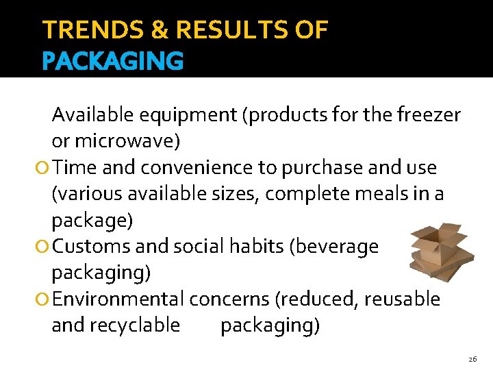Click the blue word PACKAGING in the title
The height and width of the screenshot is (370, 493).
(x=113, y=61)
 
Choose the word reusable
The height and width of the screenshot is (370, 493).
(x=402, y=299)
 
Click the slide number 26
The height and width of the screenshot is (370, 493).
(x=472, y=359)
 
